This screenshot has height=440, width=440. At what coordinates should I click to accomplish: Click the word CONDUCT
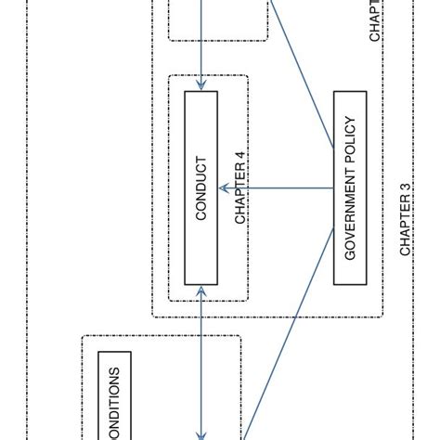point(201,188)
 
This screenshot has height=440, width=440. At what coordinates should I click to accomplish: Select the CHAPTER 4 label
point(240,193)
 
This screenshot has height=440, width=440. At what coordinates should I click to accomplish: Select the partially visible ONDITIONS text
point(115,406)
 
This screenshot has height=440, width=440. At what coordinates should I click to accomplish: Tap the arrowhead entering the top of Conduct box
point(202,86)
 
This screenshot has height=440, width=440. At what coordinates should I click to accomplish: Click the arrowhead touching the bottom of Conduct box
point(202,291)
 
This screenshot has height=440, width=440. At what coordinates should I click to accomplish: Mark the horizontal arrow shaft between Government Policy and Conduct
point(278,188)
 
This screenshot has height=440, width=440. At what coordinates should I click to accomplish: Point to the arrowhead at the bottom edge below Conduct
point(202,434)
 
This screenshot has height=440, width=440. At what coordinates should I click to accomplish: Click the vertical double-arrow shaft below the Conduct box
point(202,362)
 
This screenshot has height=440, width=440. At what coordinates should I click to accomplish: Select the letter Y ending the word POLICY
point(351,119)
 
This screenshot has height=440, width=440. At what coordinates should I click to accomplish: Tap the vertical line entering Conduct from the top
point(202,46)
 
